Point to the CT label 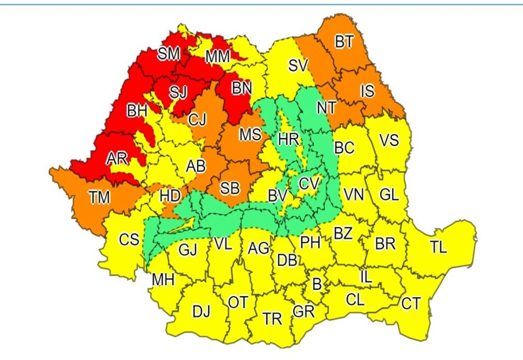tap(411, 303)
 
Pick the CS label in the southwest tap(129, 240)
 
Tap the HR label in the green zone tap(289, 139)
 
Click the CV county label tap(309, 184)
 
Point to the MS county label tap(250, 134)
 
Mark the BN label tap(242, 88)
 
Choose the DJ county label tap(201, 312)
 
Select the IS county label tap(367, 92)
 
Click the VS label tap(389, 140)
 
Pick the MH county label tap(163, 280)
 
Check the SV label tap(298, 65)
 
